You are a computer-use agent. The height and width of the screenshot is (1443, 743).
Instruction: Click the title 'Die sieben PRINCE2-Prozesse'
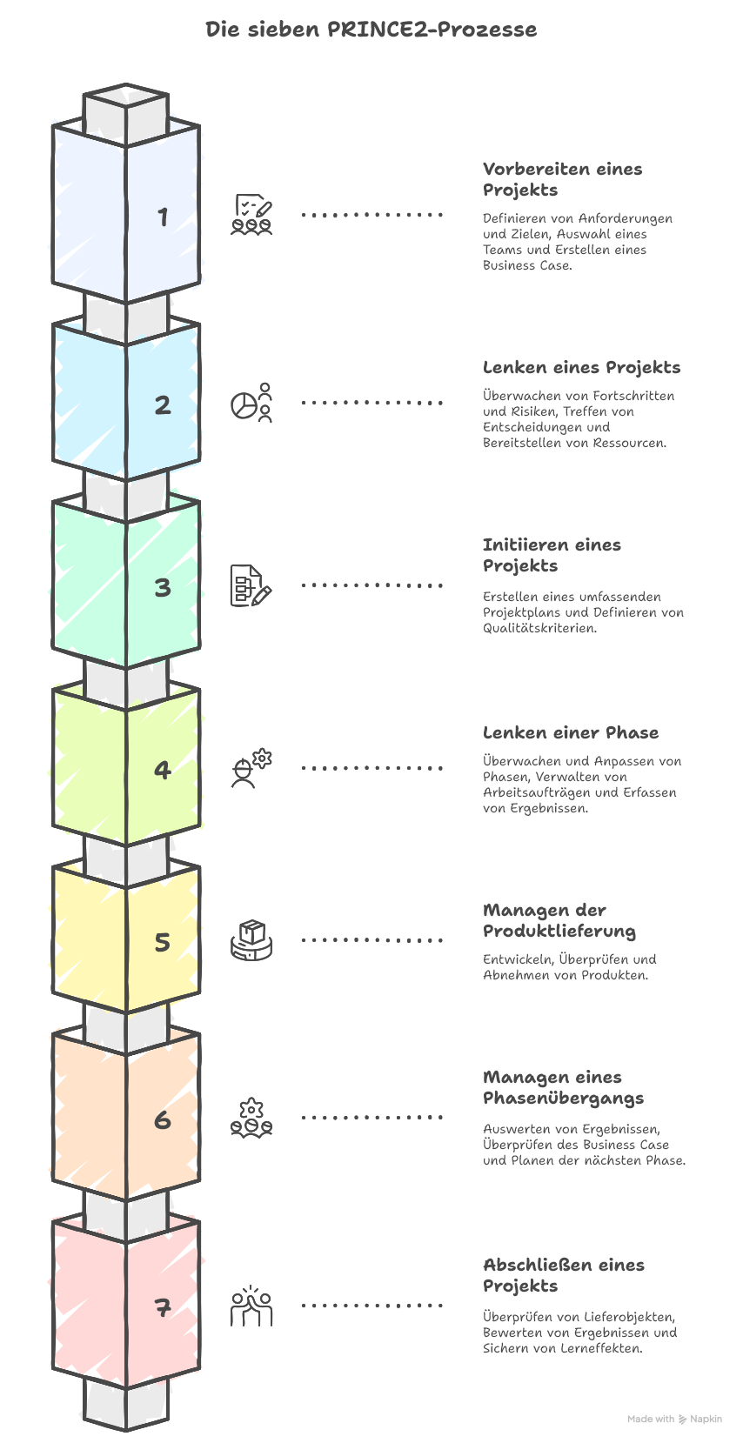tap(371, 30)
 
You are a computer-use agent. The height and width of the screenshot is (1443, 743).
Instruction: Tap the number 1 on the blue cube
tap(163, 217)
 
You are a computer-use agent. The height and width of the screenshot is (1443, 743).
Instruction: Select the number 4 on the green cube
tap(163, 770)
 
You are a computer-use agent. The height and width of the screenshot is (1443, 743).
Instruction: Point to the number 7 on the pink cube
tap(163, 1307)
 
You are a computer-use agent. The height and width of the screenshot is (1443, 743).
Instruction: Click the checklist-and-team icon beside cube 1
tap(251, 215)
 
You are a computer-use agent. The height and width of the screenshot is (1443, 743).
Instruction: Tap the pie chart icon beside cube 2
tap(251, 403)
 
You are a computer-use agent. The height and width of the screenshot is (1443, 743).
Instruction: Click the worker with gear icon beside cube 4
tap(251, 768)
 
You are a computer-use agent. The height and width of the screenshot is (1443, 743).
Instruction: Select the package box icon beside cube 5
tap(251, 940)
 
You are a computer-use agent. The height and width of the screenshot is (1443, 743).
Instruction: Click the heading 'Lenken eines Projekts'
tap(581, 367)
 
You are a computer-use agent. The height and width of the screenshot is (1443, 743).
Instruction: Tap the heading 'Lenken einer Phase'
tap(570, 732)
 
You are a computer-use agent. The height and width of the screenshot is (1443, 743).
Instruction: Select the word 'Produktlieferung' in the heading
tap(559, 932)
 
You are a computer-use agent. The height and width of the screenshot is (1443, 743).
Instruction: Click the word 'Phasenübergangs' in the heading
tap(563, 1099)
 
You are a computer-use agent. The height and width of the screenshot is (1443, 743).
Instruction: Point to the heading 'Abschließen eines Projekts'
tap(563, 1275)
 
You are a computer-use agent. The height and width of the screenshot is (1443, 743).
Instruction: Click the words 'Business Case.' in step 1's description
tap(527, 265)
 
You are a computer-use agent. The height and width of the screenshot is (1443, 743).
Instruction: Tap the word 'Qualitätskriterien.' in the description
tap(539, 628)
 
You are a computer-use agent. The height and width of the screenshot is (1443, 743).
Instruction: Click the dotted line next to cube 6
tap(371, 1117)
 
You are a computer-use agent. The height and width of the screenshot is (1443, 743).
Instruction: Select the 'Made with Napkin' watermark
tap(674, 1419)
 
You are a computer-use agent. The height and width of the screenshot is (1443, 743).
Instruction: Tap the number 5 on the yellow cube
tap(163, 943)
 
